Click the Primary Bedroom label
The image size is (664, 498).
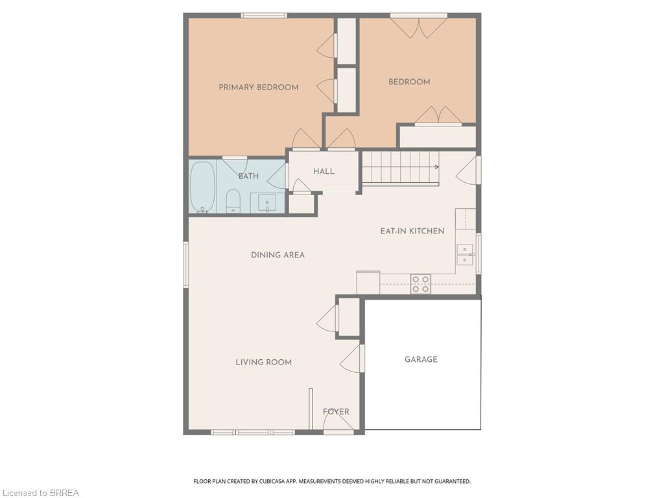coord(258,88)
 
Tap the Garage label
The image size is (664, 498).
coord(421,359)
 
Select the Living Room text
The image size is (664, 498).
coord(263,362)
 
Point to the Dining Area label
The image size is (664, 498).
coord(278,255)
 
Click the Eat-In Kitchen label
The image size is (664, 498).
coord(412,231)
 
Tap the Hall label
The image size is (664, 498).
coord(324,171)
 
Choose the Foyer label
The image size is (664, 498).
coord(337,411)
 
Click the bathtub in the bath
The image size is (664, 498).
coord(202,187)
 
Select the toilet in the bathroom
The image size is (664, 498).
coord(233,201)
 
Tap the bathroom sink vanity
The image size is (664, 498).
coord(267,203)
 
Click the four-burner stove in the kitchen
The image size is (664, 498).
coord(420,284)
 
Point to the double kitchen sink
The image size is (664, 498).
coord(465,254)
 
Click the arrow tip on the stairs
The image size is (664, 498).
coord(439,167)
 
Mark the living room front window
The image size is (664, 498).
coord(254,432)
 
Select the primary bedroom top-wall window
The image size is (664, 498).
coord(264,16)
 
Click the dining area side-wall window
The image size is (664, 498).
coord(185,265)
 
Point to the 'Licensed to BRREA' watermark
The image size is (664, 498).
coord(40,493)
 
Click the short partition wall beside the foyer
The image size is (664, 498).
coord(311,409)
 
